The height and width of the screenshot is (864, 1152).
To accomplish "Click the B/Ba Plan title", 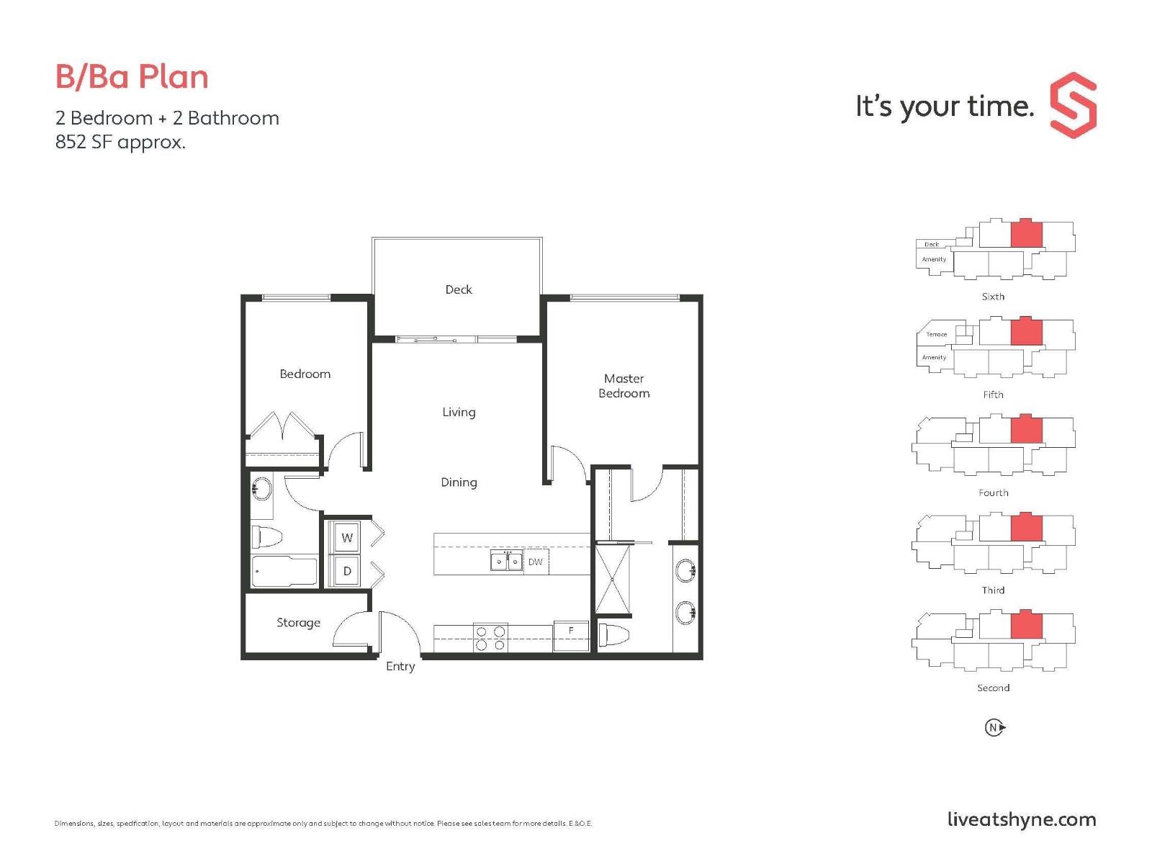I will (x=132, y=77).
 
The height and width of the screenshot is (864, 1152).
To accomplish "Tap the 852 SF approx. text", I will (x=120, y=142).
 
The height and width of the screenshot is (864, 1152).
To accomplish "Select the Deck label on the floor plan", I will (x=459, y=289).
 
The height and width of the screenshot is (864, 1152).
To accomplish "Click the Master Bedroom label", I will (x=624, y=386).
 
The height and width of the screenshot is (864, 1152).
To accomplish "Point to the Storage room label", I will (x=298, y=623).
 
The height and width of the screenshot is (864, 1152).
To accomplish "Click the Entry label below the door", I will (x=400, y=667).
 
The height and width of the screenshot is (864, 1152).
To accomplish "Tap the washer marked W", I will (x=347, y=538).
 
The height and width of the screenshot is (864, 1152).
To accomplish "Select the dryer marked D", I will (x=347, y=571).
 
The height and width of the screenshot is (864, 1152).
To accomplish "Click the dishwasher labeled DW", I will (x=536, y=562).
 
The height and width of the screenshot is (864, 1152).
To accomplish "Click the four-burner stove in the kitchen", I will (x=491, y=638).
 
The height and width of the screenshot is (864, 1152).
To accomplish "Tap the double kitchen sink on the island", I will (x=507, y=561).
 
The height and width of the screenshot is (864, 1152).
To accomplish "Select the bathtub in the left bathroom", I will (x=284, y=572).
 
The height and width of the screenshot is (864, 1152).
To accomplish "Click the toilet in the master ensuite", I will (x=613, y=635).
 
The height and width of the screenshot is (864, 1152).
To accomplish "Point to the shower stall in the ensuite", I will (x=612, y=579).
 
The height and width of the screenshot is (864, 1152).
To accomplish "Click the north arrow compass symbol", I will (x=994, y=728).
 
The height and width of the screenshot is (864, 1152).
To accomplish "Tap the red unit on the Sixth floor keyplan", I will (x=1026, y=235).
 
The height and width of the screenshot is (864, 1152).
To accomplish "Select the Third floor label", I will (x=993, y=590).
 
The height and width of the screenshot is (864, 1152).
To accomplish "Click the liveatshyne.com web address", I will (x=1021, y=819).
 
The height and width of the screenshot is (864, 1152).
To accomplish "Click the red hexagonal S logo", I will (x=1073, y=105).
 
